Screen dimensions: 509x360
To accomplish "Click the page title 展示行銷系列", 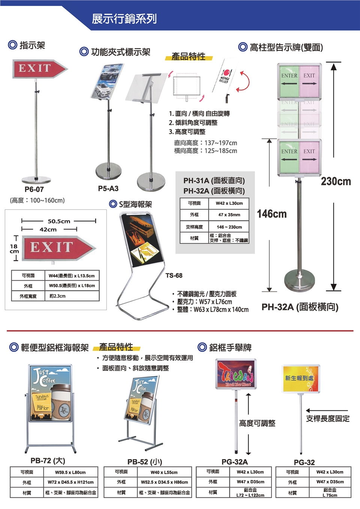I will [124, 19].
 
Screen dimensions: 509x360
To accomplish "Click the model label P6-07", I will [34, 189].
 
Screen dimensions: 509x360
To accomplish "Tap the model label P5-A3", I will [108, 188].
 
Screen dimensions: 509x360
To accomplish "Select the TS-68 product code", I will [174, 275].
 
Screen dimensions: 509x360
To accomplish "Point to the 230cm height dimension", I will [336, 182].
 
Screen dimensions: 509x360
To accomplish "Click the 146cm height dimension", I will [271, 214].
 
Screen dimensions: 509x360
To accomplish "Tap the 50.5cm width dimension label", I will [59, 221].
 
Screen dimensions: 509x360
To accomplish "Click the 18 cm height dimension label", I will [14, 248].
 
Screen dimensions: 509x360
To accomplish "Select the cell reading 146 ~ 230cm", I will [229, 227].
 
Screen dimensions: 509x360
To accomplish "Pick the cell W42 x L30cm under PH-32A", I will [229, 203].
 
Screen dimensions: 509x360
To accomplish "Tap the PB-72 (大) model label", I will [48, 461].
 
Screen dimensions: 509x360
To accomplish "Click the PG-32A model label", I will [234, 462].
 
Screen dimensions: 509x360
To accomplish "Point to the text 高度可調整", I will [257, 423].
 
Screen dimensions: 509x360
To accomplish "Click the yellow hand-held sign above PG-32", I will [301, 379].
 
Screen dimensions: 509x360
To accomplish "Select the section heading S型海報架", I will [135, 204].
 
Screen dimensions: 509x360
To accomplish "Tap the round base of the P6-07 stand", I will [36, 179].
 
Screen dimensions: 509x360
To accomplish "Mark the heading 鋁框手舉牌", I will [230, 348].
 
